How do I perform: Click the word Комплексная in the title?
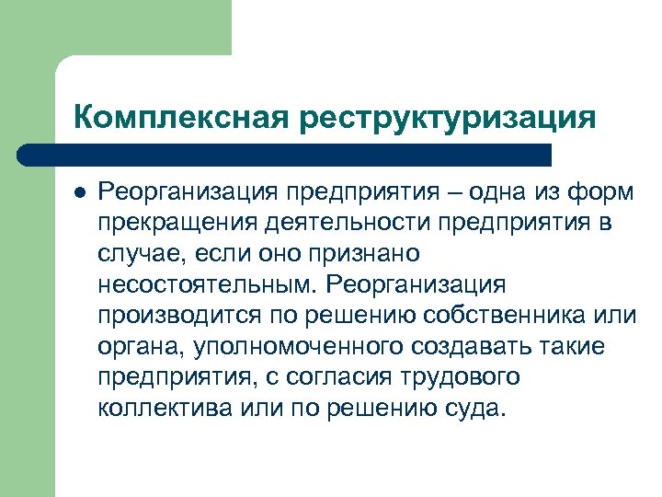click(180, 117)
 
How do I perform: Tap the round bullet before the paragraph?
click(80, 194)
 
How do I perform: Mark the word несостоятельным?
click(206, 284)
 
